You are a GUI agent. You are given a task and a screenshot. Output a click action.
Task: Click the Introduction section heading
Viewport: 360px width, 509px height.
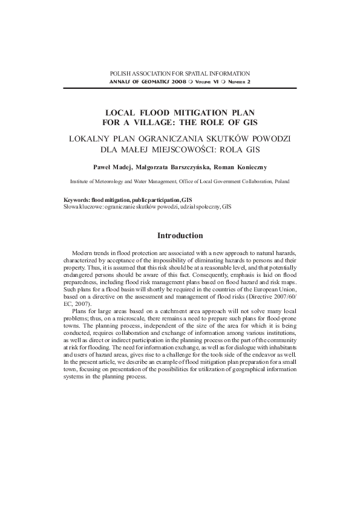click(180, 235)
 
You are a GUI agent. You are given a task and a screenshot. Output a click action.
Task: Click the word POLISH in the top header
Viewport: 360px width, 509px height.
click(120, 73)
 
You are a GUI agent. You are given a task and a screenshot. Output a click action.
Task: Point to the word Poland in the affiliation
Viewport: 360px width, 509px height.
click(281, 181)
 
